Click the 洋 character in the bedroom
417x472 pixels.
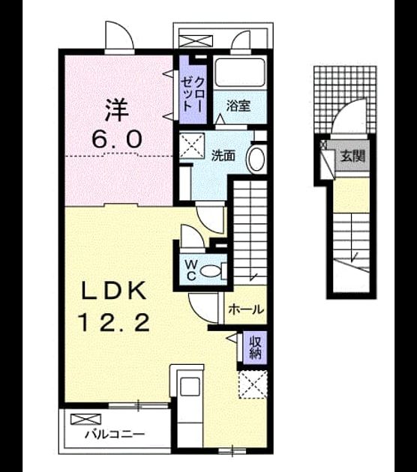coord(116,110)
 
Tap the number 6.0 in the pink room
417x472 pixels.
coord(117,139)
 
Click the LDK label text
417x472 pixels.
coord(114,291)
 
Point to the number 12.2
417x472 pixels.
coord(114,322)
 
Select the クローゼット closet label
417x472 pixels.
coord(193,95)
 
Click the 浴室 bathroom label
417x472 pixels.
coord(238,106)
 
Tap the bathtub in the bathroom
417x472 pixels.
coord(240,72)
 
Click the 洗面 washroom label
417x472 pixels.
coord(223,156)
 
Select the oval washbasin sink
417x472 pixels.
coord(256,159)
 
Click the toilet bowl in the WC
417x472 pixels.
coord(210,271)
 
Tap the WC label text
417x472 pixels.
coord(190,270)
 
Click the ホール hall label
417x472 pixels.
coord(246,309)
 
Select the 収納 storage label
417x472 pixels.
coord(254,348)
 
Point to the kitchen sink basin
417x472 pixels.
coord(190,387)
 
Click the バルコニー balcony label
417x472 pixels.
coord(115,434)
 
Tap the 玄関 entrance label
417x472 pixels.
coord(352,157)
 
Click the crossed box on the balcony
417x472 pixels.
coord(85,420)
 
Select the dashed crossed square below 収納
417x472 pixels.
coord(253,384)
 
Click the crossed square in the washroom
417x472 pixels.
coord(192,146)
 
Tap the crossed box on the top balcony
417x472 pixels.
coord(196,41)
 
